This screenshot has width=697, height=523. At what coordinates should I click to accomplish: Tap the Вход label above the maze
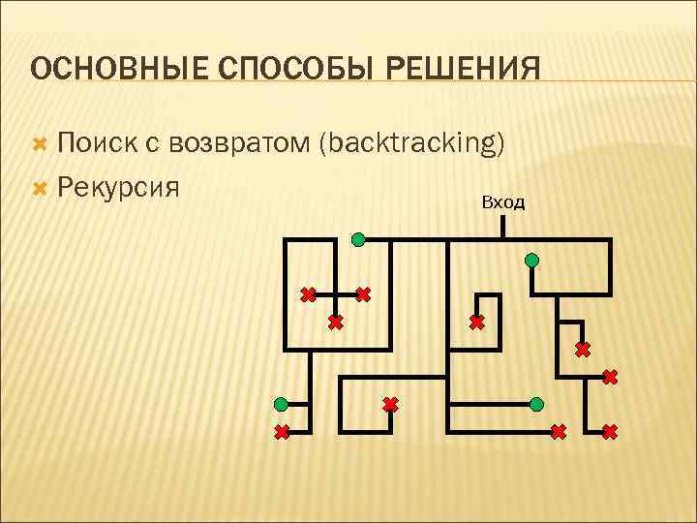pos(502,201)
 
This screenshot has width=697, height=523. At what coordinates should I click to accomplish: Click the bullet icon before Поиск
pos(40,145)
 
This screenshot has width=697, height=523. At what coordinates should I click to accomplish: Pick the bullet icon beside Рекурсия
pos(40,184)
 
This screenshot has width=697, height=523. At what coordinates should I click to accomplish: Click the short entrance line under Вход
pos(503,227)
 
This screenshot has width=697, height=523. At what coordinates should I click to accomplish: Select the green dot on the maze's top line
pos(358,238)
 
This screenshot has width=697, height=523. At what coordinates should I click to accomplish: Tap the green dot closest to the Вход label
pos(531,260)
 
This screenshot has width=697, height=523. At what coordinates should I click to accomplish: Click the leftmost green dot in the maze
pos(281,403)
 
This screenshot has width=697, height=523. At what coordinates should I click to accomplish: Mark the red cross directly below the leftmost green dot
pos(282,432)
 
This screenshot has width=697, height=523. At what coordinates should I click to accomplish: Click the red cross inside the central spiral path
pos(477,322)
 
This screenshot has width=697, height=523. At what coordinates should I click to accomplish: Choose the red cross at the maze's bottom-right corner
pos(609,432)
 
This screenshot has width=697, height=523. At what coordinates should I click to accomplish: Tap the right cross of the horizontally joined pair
pos(363,293)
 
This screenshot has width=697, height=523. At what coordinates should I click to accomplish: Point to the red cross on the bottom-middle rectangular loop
pos(389,404)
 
